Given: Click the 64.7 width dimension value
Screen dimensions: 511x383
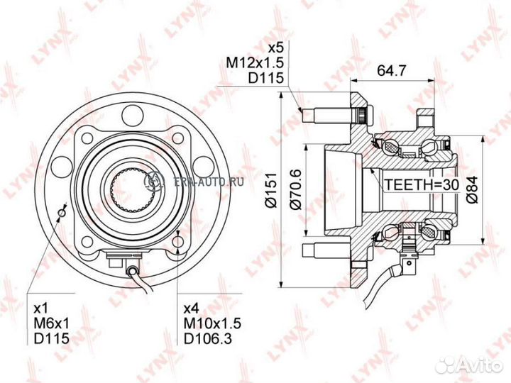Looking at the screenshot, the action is (x=392, y=70).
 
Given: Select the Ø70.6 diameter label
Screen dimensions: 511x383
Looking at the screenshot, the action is (x=296, y=189).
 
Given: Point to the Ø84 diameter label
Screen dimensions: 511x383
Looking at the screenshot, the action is (x=471, y=189).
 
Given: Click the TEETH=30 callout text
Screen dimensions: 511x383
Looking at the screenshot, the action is (x=422, y=184).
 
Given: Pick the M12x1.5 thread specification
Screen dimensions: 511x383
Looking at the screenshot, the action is (x=255, y=63).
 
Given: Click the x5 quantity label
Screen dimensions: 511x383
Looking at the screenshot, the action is (x=275, y=48).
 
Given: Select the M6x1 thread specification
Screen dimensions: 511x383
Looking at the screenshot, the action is (x=52, y=323).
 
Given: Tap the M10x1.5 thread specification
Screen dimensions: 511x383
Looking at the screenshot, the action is (x=212, y=323).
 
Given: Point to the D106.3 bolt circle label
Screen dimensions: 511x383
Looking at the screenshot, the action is (x=208, y=338).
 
